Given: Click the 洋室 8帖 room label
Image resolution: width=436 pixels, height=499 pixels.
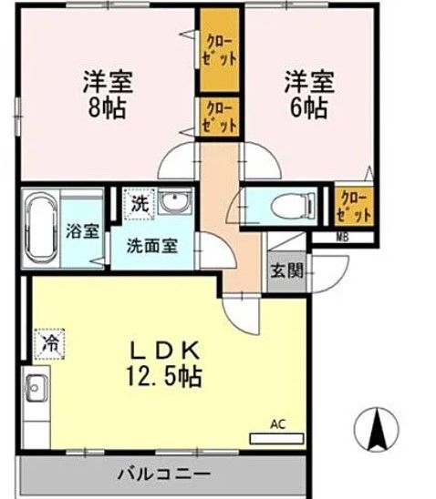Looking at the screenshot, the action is click(x=108, y=95).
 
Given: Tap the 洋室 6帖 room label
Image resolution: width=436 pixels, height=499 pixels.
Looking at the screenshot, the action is click(x=309, y=95).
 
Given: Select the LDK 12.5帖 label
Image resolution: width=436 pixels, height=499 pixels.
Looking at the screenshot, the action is click(x=164, y=363).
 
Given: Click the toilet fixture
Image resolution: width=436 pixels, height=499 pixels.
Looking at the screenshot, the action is click(x=293, y=206).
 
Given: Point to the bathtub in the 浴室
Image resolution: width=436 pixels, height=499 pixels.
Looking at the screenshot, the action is click(x=41, y=229).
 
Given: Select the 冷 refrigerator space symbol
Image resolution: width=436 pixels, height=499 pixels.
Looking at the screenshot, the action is click(x=50, y=344).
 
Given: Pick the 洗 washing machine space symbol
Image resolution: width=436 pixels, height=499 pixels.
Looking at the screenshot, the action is click(x=140, y=204).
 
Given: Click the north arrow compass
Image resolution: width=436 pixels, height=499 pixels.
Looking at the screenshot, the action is click(x=377, y=429).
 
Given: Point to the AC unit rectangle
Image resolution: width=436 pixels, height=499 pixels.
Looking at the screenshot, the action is click(x=276, y=439).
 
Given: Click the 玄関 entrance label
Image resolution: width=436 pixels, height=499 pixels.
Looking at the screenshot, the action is click(x=286, y=271).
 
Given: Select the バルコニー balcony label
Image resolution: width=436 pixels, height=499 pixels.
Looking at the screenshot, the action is click(x=164, y=474).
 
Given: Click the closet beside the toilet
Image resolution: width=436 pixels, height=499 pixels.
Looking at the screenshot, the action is click(x=354, y=206).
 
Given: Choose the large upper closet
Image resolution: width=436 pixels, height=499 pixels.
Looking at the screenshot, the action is click(x=219, y=50).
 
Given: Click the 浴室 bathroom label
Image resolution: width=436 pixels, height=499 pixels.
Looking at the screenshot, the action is click(x=82, y=231).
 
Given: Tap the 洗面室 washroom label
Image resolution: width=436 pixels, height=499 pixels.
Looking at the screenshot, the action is click(x=152, y=246).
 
